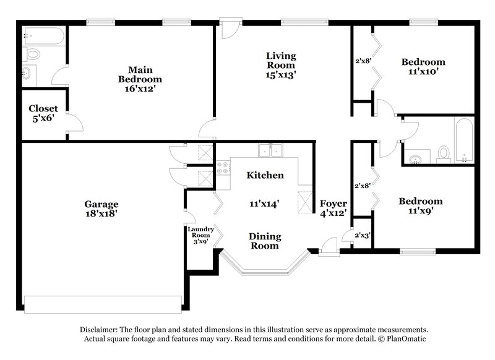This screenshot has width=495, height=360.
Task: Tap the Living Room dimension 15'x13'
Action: tap(281, 75)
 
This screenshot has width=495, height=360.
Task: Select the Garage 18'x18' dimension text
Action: tap(101, 213)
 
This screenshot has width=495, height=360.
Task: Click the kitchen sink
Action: tap(270, 150)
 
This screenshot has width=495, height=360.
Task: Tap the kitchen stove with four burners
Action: tap(223, 167)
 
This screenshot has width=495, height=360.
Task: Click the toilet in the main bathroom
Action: tap(33, 54)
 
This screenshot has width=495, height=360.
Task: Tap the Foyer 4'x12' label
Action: tap(333, 208)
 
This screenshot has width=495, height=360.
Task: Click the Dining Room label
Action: tap(265, 241)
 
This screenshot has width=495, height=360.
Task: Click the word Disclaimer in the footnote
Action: tap(102, 330)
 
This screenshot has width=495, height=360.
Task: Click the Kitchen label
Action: tap(265, 176)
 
